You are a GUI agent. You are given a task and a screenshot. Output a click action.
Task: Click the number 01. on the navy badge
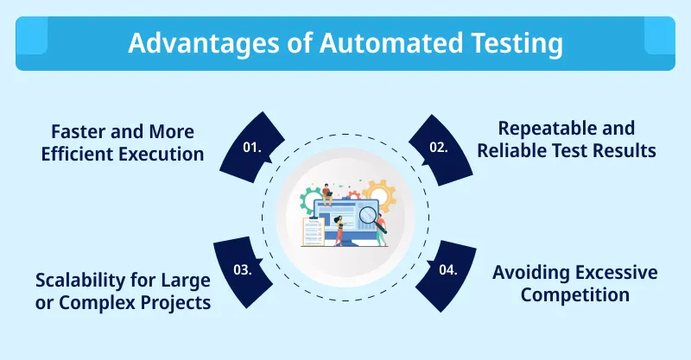pyautogui.click(x=251, y=148)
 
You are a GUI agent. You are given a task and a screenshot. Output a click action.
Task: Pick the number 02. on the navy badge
pyautogui.click(x=439, y=148)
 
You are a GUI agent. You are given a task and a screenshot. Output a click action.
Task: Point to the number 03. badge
pyautogui.click(x=243, y=268)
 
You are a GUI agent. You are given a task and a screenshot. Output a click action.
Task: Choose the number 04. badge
pyautogui.click(x=447, y=268)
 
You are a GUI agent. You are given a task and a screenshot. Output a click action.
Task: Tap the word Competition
pyautogui.click(x=574, y=295)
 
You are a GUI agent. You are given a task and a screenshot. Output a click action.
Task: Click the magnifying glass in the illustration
pyautogui.click(x=369, y=212)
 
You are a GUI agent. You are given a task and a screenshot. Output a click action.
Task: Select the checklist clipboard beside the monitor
pyautogui.click(x=314, y=231)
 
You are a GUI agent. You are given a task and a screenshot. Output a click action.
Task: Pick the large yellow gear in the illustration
pyautogui.click(x=381, y=194)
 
